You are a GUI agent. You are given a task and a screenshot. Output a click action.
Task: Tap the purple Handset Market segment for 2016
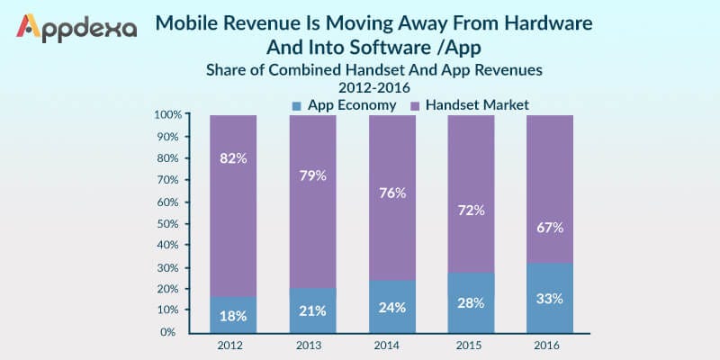pos(551,180)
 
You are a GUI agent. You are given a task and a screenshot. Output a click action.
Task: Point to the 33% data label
pos(551,297)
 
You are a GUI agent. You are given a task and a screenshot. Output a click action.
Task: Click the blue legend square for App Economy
pos(297,105)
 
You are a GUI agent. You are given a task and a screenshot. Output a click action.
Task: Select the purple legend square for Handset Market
pos(416,105)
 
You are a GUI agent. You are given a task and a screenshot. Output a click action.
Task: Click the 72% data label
pos(471,210)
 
